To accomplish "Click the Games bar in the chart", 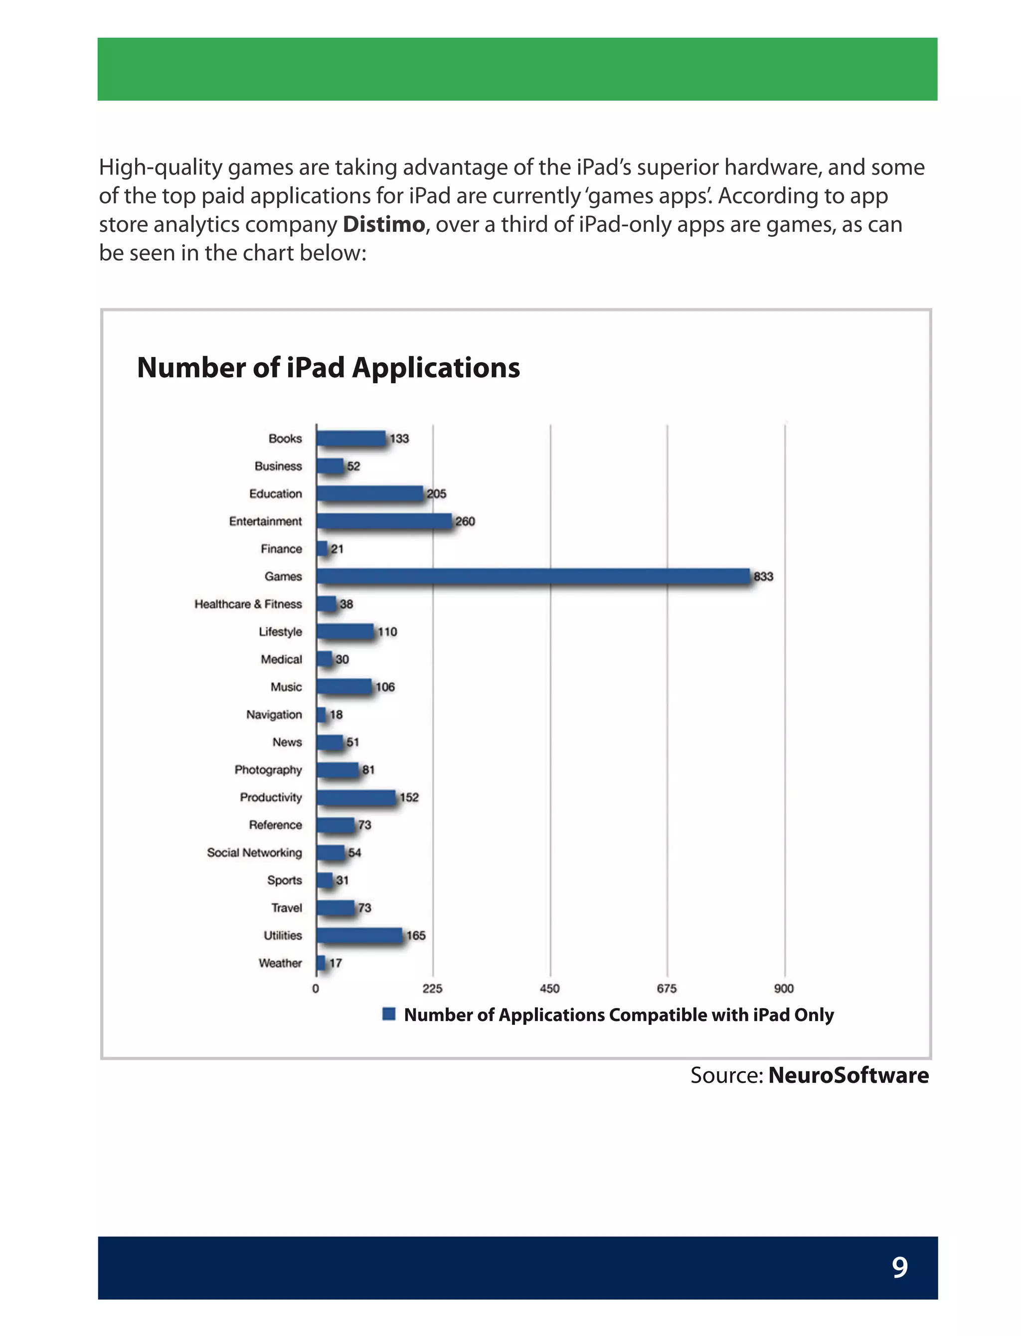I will click(533, 576).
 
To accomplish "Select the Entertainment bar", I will click(384, 520).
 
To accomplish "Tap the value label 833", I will click(763, 576).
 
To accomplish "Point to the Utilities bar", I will click(359, 935).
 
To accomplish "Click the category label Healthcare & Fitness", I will click(248, 604).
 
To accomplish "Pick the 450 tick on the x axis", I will click(549, 989).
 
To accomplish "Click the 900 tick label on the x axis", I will click(783, 989).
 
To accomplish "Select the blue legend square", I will click(389, 1014).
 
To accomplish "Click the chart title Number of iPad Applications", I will click(328, 367).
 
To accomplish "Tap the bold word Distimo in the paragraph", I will click(383, 224).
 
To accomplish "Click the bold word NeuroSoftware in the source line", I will click(848, 1075).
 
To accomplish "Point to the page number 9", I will click(899, 1267).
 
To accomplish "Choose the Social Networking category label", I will click(254, 852).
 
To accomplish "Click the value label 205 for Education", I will click(436, 494).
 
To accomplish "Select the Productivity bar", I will click(356, 797).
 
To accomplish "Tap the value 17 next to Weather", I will click(336, 963).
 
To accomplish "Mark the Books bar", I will click(350, 438).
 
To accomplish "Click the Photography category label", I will click(268, 770).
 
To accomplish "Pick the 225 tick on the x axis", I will click(432, 989).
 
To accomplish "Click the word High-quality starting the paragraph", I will click(161, 167).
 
